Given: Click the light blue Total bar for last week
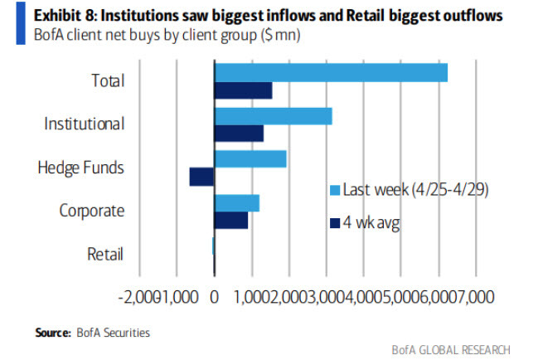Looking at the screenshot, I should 331,73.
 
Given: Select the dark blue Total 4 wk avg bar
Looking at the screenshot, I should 243,91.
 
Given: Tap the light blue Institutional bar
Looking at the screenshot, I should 273,116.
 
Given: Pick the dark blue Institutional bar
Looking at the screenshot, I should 239,134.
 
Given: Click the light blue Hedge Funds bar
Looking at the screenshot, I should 250,159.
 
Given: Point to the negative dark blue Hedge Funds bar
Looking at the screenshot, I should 201,177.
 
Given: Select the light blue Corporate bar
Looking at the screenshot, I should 237,202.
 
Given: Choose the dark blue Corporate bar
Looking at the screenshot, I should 231,220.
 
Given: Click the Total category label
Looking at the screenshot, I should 108,81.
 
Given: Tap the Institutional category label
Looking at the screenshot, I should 84,124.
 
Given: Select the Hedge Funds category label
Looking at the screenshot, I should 80,168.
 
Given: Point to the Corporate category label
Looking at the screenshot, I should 91,211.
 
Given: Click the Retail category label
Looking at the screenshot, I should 105,254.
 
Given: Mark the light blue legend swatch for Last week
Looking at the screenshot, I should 336,190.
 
